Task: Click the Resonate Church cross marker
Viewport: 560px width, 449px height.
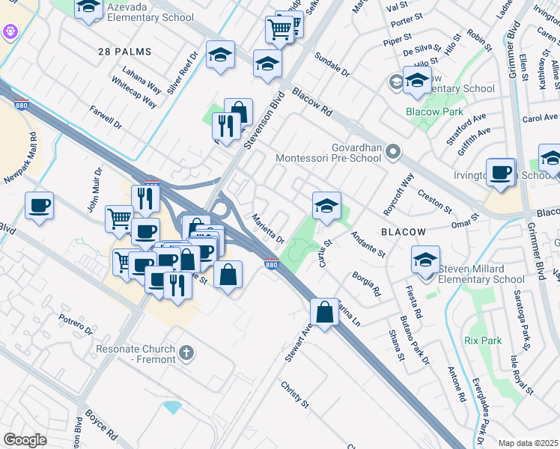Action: point(186,351)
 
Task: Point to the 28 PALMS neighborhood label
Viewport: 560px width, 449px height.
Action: point(124,52)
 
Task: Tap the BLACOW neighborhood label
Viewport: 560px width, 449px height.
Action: point(404,232)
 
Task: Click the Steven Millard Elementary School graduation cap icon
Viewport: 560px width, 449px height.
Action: point(425,260)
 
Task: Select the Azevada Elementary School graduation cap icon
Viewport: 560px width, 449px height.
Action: point(89,7)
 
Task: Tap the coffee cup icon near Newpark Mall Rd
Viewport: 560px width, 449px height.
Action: point(39,204)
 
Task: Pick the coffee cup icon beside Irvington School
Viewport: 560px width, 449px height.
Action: point(500,171)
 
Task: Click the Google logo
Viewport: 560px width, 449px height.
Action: point(25,440)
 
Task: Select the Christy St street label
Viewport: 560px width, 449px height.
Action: point(295,394)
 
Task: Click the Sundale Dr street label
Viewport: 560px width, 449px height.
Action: point(332,65)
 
